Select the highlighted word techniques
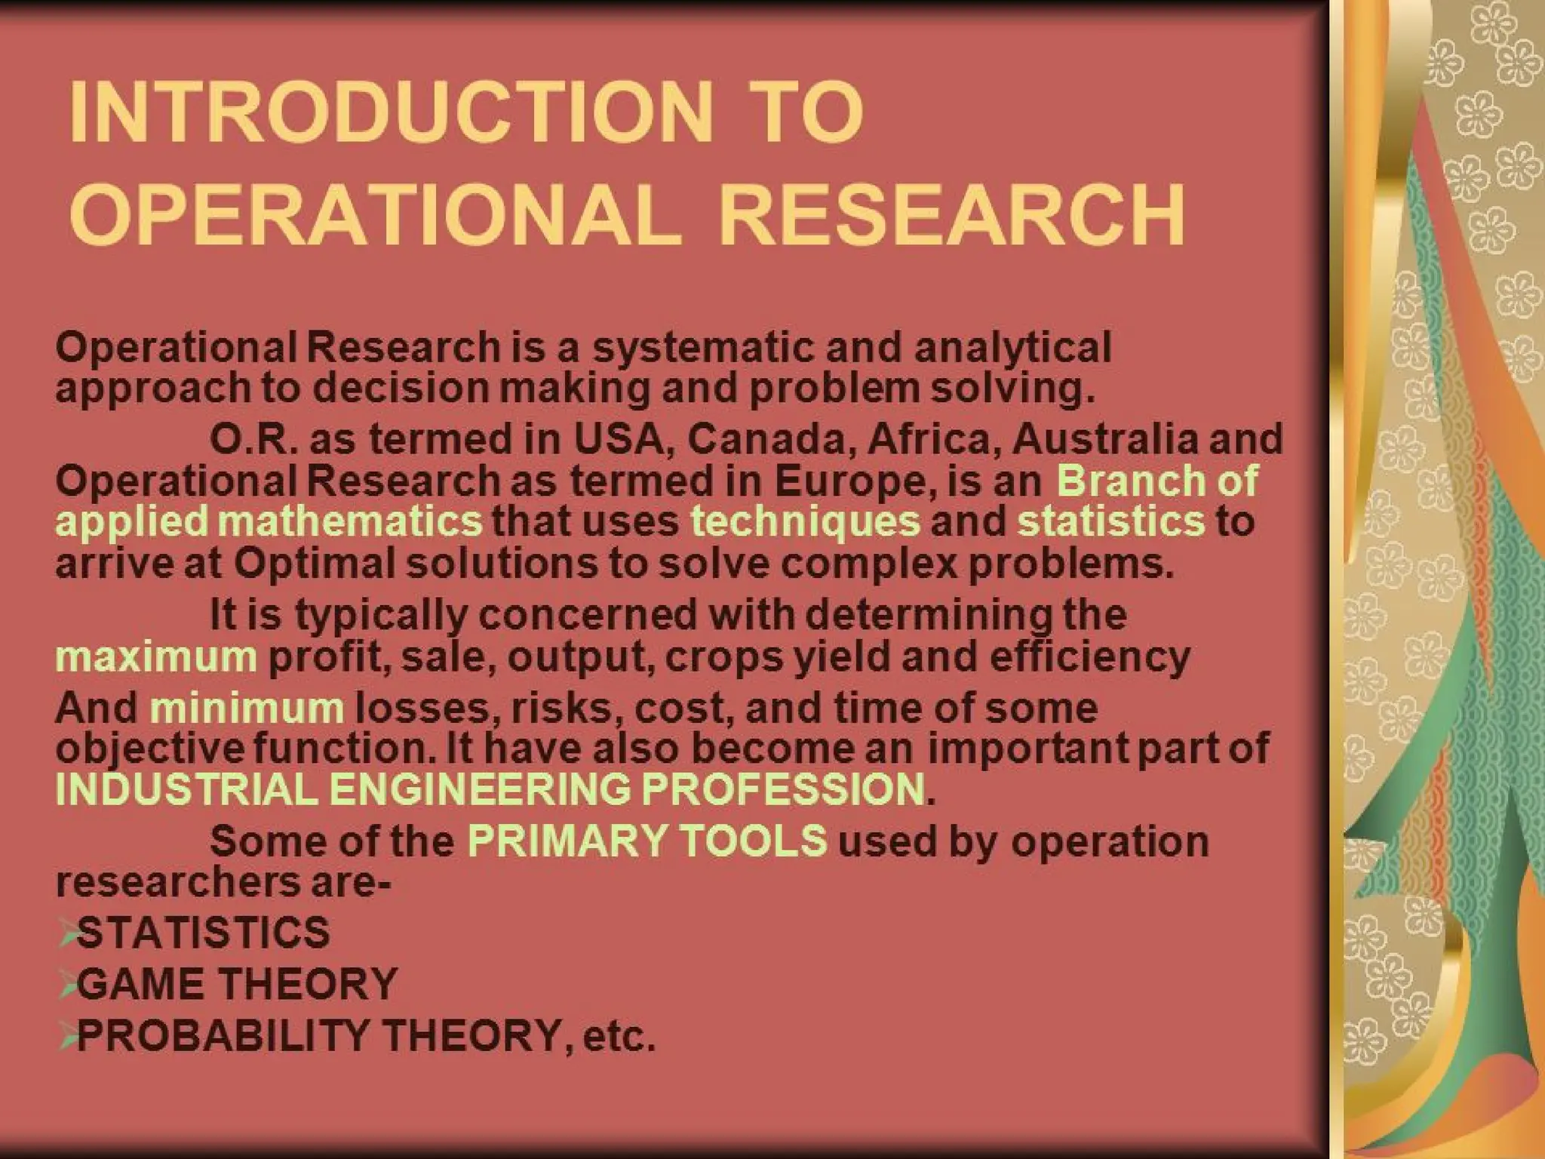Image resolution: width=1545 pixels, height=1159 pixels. click(x=805, y=522)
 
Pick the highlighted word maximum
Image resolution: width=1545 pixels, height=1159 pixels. click(x=156, y=657)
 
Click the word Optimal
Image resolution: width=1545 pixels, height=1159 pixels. click(x=315, y=564)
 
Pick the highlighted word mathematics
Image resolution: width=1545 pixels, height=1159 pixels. click(x=353, y=522)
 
